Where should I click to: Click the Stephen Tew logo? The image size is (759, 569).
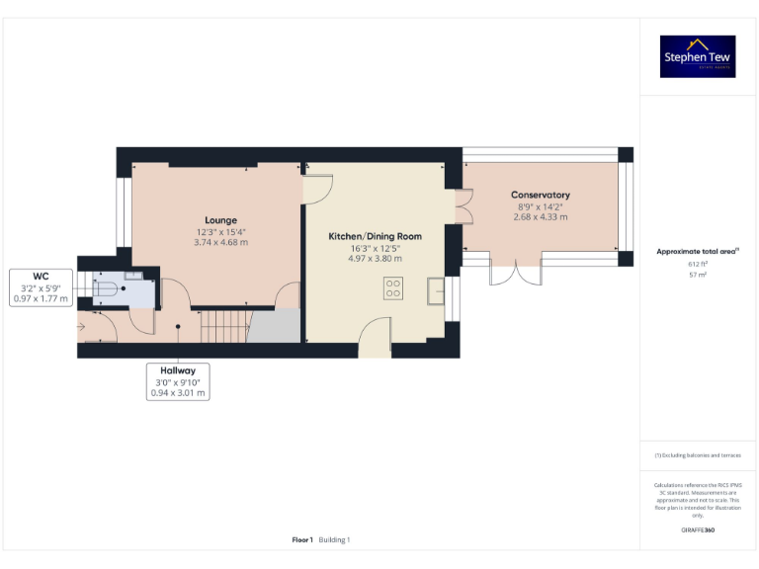point(698,56)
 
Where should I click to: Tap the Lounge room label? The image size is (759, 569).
point(220,220)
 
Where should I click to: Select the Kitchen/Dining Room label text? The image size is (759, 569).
point(375,236)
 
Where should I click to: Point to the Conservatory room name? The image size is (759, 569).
point(540,196)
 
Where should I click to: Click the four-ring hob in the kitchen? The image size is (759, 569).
point(392,288)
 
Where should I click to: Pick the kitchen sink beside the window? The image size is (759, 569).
point(436,289)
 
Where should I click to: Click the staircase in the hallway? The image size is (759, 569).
point(223,324)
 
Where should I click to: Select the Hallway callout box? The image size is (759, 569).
point(178,381)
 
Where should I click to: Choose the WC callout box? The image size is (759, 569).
point(41,287)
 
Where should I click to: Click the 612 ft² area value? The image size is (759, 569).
point(698,264)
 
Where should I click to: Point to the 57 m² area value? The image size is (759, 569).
point(698,275)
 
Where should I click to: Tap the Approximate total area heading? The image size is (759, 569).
point(698,252)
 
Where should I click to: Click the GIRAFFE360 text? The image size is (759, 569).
point(698,530)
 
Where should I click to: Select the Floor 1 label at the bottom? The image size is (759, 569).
point(301,539)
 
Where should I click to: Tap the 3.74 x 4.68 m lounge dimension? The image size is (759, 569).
point(220,242)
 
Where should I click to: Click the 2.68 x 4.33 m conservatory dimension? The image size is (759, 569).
point(540,216)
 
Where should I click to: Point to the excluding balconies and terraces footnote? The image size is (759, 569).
point(698,455)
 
